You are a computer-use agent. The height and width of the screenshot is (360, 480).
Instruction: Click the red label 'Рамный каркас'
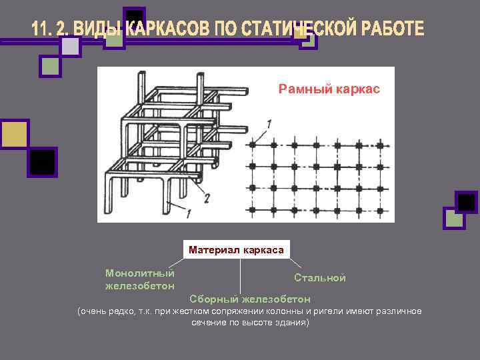click(x=329, y=89)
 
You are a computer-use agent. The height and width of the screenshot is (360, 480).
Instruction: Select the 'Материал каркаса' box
click(x=236, y=250)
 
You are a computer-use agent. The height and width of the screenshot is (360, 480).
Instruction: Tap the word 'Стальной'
click(x=320, y=278)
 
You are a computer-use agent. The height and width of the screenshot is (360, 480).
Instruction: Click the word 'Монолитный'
click(x=140, y=273)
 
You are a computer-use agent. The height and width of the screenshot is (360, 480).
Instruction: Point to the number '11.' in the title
click(x=41, y=29)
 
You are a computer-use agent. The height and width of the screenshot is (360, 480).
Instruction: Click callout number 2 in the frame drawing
click(x=207, y=197)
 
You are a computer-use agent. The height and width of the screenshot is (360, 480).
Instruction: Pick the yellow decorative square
click(x=14, y=135)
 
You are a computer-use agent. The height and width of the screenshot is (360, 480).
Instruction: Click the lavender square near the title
click(x=70, y=46)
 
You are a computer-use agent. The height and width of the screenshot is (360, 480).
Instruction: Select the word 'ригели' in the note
click(x=331, y=312)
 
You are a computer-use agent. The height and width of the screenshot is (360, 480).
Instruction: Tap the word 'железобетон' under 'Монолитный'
click(x=140, y=285)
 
